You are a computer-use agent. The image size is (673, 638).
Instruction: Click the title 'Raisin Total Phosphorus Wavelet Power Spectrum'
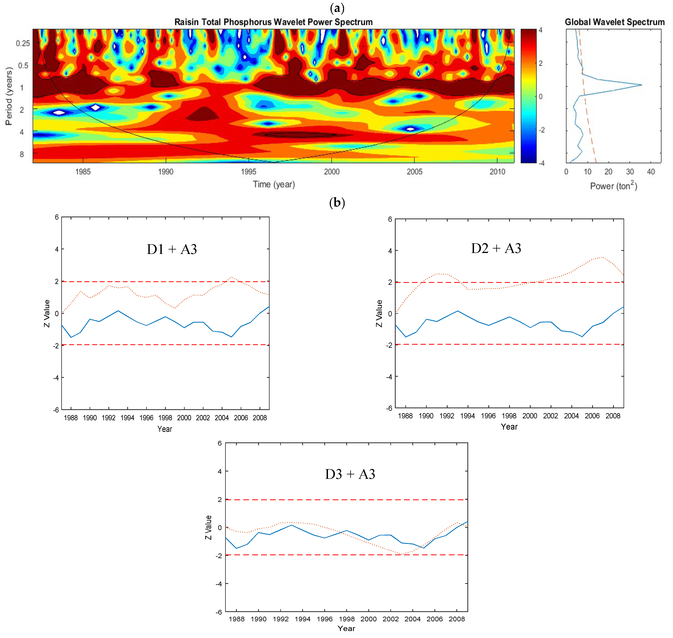(x=273, y=22)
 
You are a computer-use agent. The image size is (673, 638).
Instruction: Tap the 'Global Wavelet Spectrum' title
(x=614, y=22)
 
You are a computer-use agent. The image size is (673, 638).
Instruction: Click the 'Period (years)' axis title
(x=9, y=96)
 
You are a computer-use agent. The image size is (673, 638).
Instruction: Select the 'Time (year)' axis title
(x=273, y=184)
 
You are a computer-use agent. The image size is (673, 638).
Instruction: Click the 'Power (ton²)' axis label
(x=613, y=186)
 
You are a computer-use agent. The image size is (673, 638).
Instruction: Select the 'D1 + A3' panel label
(x=172, y=249)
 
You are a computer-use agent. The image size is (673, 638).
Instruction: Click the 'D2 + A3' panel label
(x=496, y=249)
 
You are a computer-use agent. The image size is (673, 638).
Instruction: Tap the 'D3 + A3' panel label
(x=350, y=474)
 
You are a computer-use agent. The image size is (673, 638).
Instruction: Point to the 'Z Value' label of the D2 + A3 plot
(x=379, y=313)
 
